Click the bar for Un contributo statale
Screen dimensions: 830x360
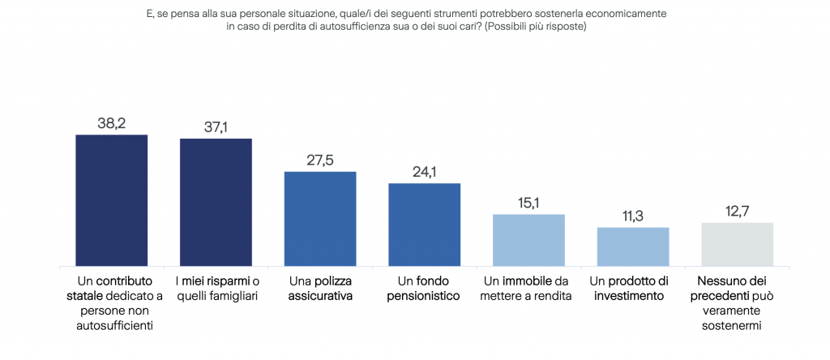pyautogui.click(x=112, y=200)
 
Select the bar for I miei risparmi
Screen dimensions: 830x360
pyautogui.click(x=216, y=202)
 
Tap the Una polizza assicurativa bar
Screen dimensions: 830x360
pyautogui.click(x=320, y=219)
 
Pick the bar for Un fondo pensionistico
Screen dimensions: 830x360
pyautogui.click(x=425, y=225)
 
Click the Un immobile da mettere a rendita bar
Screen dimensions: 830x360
pyautogui.click(x=528, y=240)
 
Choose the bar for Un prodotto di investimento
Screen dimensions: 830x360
pyautogui.click(x=633, y=246)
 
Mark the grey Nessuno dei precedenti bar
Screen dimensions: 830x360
pyautogui.click(x=738, y=244)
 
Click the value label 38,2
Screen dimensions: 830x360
pyautogui.click(x=112, y=123)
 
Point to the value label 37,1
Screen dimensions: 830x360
pyautogui.click(x=216, y=127)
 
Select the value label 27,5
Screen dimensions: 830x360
pyautogui.click(x=320, y=161)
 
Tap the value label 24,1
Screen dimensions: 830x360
pyautogui.click(x=425, y=172)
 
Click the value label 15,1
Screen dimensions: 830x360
pyautogui.click(x=528, y=204)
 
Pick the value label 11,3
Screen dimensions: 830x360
pyautogui.click(x=633, y=216)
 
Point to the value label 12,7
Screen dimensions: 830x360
pyautogui.click(x=738, y=212)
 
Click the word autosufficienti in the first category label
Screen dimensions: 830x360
pyautogui.click(x=115, y=326)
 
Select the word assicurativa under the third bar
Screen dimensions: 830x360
pyautogui.click(x=320, y=296)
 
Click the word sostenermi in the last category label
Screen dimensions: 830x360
pyautogui.click(x=732, y=326)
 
